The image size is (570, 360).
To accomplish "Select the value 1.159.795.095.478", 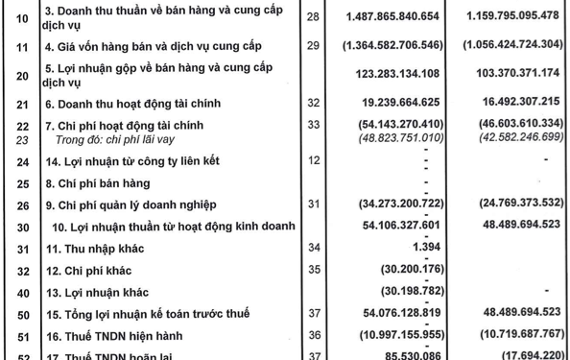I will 511,18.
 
